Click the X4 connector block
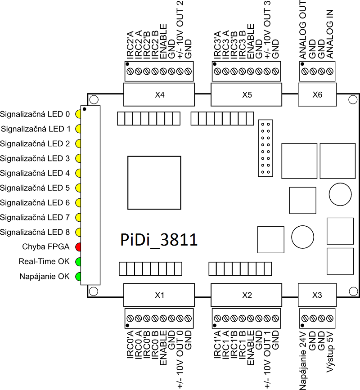coord(159,95)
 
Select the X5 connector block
coord(247,95)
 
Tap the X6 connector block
coord(317,95)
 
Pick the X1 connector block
coord(159,295)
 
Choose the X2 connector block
coord(247,295)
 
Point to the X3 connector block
coord(317,295)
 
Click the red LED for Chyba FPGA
coord(78,247)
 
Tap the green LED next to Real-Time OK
coord(78,262)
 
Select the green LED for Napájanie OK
coord(78,277)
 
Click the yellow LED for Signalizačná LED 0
coord(78,114)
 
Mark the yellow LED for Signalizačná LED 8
coord(78,233)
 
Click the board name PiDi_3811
coord(159,239)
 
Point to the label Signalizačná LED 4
coord(35,173)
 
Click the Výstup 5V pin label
coord(330,355)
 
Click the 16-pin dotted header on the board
coord(265,148)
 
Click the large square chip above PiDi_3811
coord(155,182)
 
